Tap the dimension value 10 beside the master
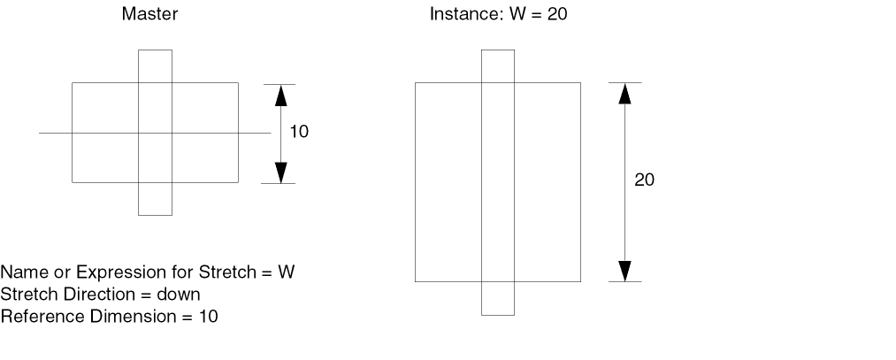pyautogui.click(x=299, y=133)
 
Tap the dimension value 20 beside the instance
pyautogui.click(x=645, y=180)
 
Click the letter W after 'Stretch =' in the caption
pyautogui.click(x=286, y=272)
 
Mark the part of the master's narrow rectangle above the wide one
pyautogui.click(x=155, y=66)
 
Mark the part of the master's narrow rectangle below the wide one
pyautogui.click(x=155, y=199)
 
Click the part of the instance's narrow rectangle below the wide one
pyautogui.click(x=497, y=298)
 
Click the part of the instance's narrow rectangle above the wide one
pyautogui.click(x=497, y=66)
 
